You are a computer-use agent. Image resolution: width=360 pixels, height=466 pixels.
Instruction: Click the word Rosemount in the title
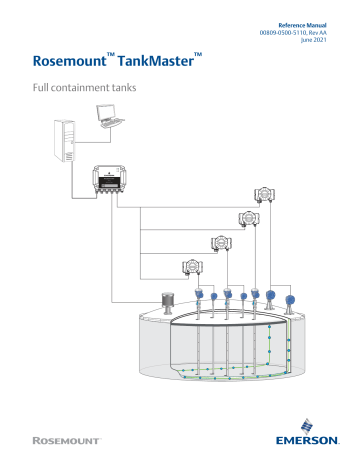click(73, 67)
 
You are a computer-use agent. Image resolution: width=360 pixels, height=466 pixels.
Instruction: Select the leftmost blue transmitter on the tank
click(201, 297)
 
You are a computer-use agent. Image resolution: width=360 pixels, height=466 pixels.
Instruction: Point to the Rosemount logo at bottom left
click(66, 441)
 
